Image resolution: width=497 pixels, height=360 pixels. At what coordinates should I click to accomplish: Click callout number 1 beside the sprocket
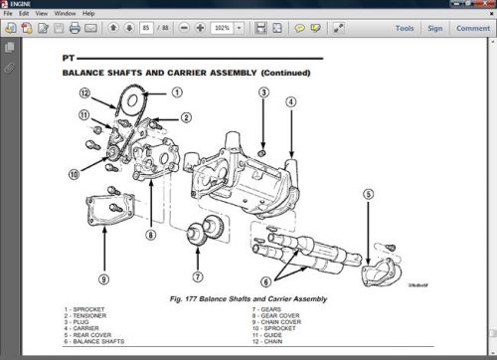point(177,91)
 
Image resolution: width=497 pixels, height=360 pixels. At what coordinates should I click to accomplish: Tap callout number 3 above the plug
point(263,92)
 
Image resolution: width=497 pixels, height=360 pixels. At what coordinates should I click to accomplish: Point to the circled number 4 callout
point(290,100)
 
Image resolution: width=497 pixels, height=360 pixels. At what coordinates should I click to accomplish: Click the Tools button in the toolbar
point(405,28)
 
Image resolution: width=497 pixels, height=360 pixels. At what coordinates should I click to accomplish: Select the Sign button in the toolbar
point(435,28)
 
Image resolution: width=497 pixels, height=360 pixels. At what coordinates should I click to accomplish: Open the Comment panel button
point(472,28)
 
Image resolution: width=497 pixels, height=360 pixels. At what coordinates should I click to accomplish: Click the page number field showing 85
point(147,28)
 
